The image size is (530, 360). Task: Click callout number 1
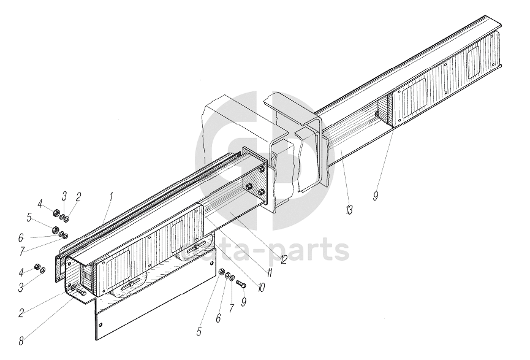(x=111, y=197)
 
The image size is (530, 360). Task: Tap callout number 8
(x=21, y=341)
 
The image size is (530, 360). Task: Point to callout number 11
(x=269, y=273)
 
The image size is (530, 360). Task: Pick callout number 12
(x=283, y=259)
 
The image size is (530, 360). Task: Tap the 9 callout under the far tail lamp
(x=376, y=196)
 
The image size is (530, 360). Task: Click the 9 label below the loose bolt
(x=244, y=302)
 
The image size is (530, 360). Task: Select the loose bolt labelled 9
(x=241, y=284)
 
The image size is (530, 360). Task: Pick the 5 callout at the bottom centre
(x=199, y=332)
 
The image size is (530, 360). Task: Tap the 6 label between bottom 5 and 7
(x=218, y=318)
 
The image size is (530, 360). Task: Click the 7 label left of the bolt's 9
(x=232, y=308)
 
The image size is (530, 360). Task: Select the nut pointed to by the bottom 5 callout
(x=222, y=271)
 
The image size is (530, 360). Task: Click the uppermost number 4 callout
(x=40, y=204)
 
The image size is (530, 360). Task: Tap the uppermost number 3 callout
(x=64, y=196)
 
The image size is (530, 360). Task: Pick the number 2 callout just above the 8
(x=21, y=313)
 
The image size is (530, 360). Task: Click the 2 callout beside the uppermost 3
(x=78, y=197)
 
